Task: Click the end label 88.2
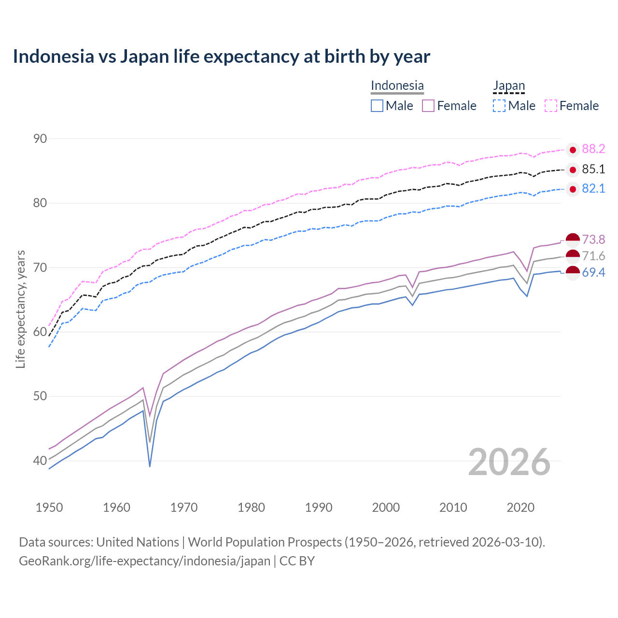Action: (593, 149)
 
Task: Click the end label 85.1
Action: (593, 169)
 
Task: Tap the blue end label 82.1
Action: (593, 189)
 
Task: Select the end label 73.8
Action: (593, 239)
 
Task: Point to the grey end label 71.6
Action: (593, 256)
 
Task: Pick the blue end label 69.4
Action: (593, 273)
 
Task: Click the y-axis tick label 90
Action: (40, 139)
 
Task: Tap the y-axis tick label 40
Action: (40, 461)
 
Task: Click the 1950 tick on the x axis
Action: (49, 507)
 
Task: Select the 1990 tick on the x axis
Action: (319, 507)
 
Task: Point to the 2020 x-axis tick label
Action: (520, 507)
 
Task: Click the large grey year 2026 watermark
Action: (509, 463)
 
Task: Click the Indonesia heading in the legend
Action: (397, 85)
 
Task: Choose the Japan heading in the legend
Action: (508, 85)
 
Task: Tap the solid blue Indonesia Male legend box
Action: (377, 106)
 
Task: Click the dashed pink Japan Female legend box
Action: (551, 106)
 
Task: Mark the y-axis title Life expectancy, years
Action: (21, 309)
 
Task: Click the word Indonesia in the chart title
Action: (53, 56)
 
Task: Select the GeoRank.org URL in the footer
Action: (144, 561)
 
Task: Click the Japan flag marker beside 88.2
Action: (573, 150)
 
